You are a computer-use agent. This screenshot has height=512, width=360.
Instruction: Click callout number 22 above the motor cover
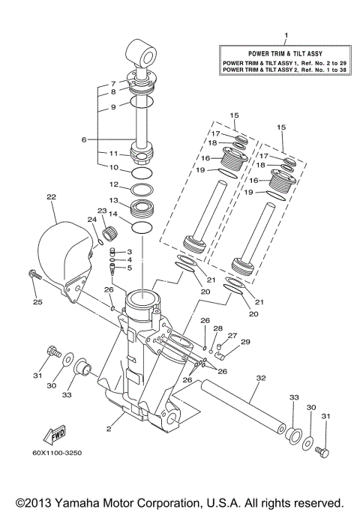point(51,197)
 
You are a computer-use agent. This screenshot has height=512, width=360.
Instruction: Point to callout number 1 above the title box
point(286,36)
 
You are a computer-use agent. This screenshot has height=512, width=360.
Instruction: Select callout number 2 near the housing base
point(109,428)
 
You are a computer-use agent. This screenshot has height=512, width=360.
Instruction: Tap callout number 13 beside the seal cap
point(114,200)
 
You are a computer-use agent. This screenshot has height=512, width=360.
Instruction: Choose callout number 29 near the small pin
point(244,342)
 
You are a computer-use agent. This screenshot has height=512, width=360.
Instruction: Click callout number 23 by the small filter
point(102,211)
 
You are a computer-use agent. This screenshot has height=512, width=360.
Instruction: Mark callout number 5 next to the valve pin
point(129,268)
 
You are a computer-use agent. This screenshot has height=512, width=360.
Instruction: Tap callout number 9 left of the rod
point(114,107)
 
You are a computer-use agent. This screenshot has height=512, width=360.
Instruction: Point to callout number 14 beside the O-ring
point(114,215)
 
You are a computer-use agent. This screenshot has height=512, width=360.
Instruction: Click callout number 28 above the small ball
point(217,328)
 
